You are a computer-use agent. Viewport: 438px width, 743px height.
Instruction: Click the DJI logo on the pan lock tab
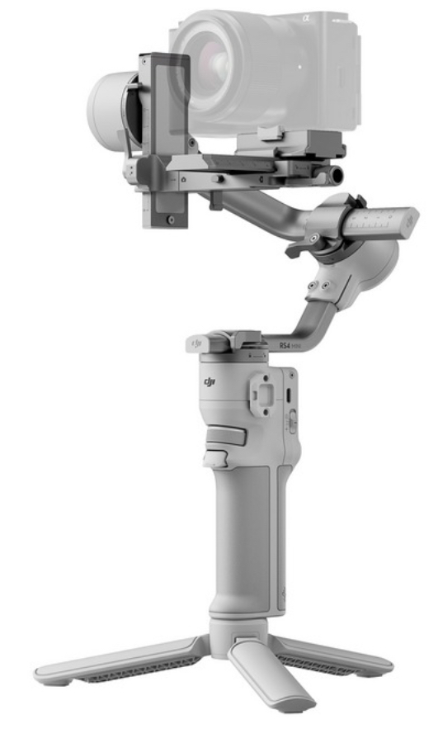click(195, 340)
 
